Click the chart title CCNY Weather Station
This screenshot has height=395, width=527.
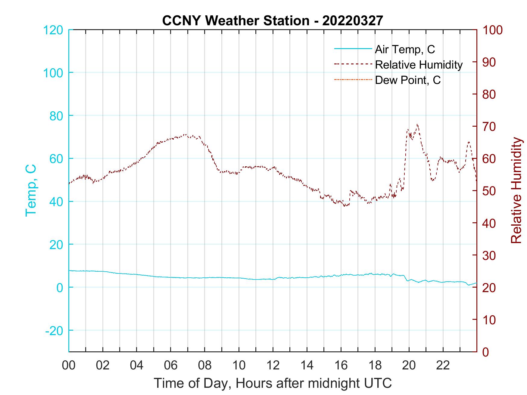coord(273,20)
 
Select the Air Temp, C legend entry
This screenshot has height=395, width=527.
coord(405,49)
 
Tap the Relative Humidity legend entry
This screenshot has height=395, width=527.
coord(419,65)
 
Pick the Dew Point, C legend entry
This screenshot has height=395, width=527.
coord(408,80)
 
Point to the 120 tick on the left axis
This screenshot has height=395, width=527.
coord(53,30)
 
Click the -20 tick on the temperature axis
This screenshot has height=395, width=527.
coord(54,331)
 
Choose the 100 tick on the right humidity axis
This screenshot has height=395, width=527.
coord(493,30)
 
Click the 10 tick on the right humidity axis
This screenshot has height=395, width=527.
coord(489,320)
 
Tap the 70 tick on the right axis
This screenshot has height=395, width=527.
coord(489,127)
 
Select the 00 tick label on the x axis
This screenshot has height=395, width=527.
coord(69,366)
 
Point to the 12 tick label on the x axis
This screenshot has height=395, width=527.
coord(273,366)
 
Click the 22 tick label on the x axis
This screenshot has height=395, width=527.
coord(443,366)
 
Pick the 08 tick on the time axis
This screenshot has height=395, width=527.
coord(205,366)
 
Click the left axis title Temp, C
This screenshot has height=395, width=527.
coord(31,190)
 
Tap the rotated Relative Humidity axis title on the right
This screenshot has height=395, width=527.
coord(516,190)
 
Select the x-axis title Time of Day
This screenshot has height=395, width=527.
coord(273,383)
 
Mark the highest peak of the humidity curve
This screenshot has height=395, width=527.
coord(417,124)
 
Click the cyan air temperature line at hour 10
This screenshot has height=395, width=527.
coord(239,278)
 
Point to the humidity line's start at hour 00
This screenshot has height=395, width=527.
coord(69,183)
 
